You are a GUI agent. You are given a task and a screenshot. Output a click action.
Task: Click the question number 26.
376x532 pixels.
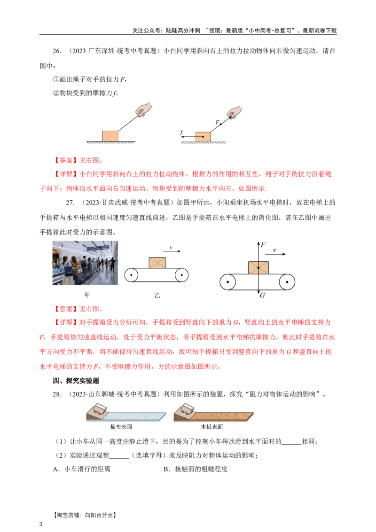[57, 51]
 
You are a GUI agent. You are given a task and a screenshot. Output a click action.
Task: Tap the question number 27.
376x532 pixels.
[70, 203]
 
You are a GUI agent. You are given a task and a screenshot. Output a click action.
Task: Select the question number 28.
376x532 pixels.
[57, 394]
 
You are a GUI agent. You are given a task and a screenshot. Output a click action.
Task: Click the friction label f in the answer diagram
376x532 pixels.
[181, 133]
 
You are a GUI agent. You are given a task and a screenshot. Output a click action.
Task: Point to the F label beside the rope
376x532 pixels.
[217, 123]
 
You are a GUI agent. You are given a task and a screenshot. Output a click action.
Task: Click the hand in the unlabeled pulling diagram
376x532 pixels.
[143, 109]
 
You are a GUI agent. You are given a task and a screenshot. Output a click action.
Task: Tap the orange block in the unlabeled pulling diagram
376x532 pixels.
[110, 136]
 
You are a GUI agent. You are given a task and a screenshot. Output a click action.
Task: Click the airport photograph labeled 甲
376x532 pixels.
[85, 263]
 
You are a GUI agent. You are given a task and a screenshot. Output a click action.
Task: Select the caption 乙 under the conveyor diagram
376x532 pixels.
[157, 295]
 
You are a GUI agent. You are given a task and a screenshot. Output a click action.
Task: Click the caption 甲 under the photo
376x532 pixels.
[87, 295]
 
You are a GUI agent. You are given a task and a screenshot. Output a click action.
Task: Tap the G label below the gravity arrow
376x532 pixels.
[262, 296]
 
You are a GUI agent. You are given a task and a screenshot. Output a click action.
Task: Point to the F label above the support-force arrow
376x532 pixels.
[263, 244]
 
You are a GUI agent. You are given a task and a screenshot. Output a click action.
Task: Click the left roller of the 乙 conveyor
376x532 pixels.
[131, 275]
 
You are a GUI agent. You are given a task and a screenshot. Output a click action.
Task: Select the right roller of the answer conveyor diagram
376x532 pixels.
[287, 282]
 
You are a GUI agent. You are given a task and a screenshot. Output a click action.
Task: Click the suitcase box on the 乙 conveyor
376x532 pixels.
[157, 263]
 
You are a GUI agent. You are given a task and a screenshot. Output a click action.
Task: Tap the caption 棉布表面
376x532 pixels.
[121, 427]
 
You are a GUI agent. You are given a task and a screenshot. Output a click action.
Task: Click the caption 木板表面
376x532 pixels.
[211, 427]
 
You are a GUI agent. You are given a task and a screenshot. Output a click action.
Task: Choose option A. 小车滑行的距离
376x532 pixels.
[82, 469]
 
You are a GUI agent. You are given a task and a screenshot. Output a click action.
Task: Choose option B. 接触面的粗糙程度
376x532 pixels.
[196, 469]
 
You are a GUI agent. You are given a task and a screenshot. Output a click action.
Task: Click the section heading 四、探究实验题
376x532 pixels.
[76, 381]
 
